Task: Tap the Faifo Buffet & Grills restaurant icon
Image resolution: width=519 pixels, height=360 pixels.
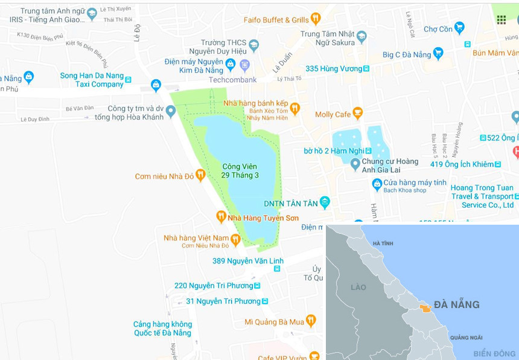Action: click(x=315, y=19)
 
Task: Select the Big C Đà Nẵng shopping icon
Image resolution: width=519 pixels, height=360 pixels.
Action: click(x=438, y=54)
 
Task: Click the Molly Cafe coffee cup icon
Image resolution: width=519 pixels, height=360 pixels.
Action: click(x=358, y=114)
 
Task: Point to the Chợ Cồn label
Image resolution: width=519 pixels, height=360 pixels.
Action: click(x=438, y=28)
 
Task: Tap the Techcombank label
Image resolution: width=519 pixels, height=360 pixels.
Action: click(x=233, y=79)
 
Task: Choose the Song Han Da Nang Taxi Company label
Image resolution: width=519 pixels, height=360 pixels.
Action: click(x=92, y=80)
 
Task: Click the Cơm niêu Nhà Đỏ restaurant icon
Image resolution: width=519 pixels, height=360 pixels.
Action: click(x=200, y=175)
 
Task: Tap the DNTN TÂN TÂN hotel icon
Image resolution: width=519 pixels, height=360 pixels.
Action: click(x=325, y=202)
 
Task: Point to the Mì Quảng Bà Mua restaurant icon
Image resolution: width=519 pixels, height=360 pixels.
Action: click(x=311, y=321)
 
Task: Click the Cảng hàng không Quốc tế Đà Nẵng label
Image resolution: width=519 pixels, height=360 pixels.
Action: click(x=162, y=329)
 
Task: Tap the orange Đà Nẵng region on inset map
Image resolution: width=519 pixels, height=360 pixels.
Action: click(x=425, y=308)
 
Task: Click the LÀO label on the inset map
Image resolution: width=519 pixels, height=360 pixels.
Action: click(x=358, y=287)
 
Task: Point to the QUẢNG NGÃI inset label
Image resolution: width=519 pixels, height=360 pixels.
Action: click(x=466, y=337)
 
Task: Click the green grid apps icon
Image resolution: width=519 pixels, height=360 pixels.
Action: click(x=501, y=19)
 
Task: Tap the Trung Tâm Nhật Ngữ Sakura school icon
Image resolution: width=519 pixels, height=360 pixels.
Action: click(x=361, y=36)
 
